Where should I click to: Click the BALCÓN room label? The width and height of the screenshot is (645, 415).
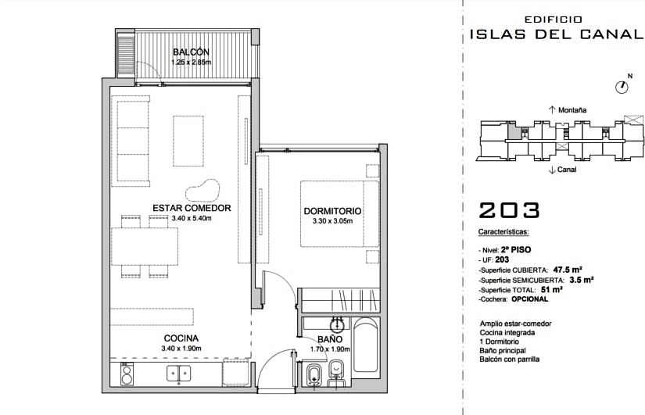coord(191,52)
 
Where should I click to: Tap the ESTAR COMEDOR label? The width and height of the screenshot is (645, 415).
coord(192,208)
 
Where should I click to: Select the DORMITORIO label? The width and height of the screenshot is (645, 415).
coord(332,211)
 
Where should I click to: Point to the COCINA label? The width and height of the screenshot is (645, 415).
coord(181,338)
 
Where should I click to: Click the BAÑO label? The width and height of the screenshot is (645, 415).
coord(330,339)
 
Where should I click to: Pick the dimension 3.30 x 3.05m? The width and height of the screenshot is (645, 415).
coord(332,221)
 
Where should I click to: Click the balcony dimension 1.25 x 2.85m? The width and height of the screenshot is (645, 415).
coord(192,62)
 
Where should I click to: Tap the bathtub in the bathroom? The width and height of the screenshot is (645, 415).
coord(365,345)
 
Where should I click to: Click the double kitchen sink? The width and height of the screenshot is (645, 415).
coord(178,374)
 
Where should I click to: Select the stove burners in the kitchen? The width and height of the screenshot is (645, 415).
coord(127,374)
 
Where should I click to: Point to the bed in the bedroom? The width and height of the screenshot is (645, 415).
coord(339,213)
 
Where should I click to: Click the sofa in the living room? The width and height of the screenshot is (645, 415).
coord(131,141)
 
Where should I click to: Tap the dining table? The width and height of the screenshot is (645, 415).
coord(145,246)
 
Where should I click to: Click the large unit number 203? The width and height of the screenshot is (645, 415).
coord(509,210)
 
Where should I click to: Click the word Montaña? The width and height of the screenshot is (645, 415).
coord(572,110)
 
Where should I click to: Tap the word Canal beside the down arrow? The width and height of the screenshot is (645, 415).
coord(567,170)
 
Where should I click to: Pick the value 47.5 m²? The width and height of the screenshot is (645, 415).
coord(568,270)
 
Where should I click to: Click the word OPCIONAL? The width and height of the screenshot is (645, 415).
coord(530,299)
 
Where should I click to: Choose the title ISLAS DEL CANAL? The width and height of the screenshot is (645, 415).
coord(556,34)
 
